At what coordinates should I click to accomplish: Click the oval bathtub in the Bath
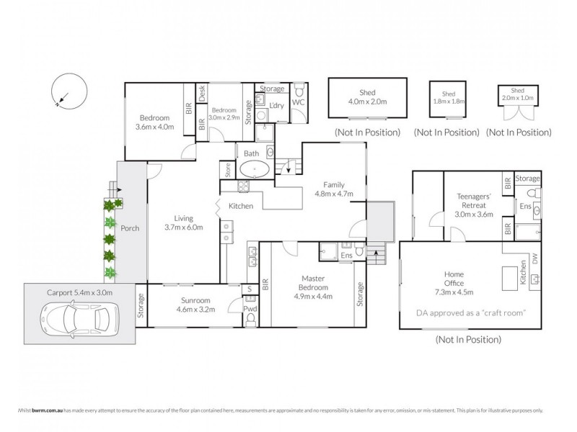tap(254, 171)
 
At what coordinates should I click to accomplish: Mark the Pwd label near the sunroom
tap(250, 310)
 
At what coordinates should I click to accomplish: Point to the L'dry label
tap(278, 106)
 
